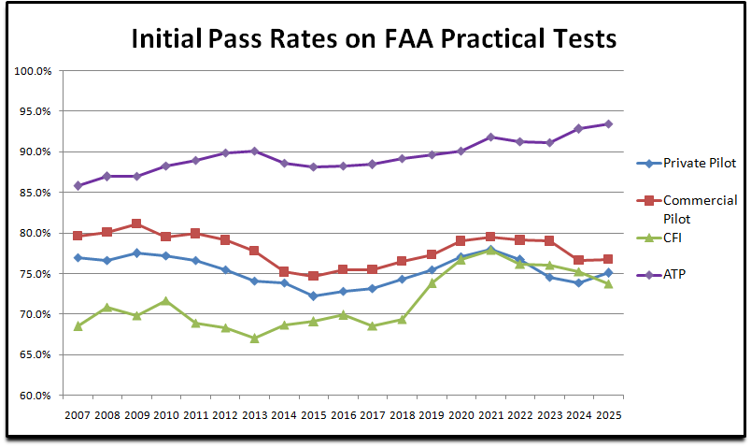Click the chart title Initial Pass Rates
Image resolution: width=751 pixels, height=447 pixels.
pyautogui.click(x=373, y=39)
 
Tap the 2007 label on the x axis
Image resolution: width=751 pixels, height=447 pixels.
pyautogui.click(x=78, y=415)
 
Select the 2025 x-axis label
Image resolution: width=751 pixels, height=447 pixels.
pyautogui.click(x=608, y=415)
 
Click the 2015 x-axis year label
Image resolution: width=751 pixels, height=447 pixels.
pyautogui.click(x=314, y=415)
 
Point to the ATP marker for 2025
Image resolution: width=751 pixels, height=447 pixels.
pyautogui.click(x=608, y=123)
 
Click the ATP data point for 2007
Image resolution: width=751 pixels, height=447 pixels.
pyautogui.click(x=78, y=185)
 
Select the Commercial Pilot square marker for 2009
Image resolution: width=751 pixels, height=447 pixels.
pyautogui.click(x=137, y=223)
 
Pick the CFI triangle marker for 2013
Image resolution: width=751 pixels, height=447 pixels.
pyautogui.click(x=255, y=338)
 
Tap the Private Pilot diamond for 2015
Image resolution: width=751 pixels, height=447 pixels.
pyautogui.click(x=314, y=296)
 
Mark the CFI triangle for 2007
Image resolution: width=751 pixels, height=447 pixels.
pyautogui.click(x=78, y=325)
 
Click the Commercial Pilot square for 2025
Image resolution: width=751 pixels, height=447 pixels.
pyautogui.click(x=608, y=259)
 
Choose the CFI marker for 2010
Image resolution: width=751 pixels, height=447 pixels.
pyautogui.click(x=166, y=300)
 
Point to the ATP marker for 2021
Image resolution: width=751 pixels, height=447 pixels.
pyautogui.click(x=490, y=137)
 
